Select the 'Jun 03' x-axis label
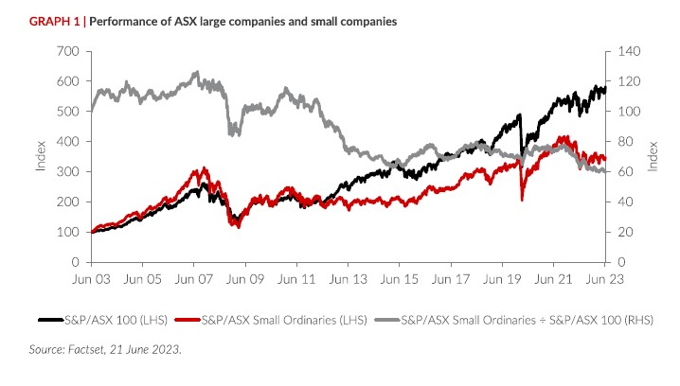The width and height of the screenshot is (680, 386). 92,280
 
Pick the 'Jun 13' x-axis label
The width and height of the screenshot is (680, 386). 349,280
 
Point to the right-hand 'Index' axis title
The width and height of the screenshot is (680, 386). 653,156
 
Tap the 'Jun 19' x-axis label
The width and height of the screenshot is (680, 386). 502,280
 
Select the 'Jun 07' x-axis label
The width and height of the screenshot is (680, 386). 194,280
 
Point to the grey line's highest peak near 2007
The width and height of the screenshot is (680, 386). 195,72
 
